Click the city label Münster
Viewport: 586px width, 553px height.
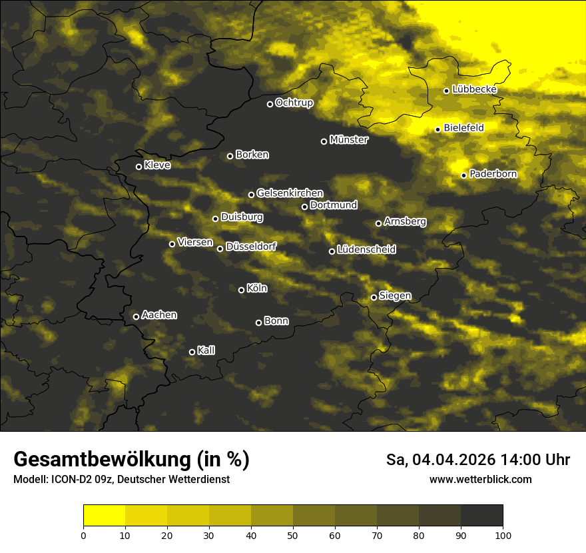click(348, 140)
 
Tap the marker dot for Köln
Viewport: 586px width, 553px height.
click(241, 290)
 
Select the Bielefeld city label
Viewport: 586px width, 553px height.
click(463, 127)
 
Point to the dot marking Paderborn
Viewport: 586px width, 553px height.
click(464, 175)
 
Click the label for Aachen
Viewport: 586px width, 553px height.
click(159, 315)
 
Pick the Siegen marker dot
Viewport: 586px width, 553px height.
click(374, 297)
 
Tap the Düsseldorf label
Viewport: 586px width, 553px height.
click(251, 247)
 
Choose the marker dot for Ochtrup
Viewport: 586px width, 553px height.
click(270, 104)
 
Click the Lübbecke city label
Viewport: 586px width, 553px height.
click(474, 89)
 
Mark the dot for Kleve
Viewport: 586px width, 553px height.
click(139, 167)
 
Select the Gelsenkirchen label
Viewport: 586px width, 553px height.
click(290, 193)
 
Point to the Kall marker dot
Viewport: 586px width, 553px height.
click(192, 352)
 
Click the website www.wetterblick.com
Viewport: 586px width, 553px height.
click(481, 479)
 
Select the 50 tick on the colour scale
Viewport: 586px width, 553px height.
click(293, 534)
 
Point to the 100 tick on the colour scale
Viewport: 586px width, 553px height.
click(503, 534)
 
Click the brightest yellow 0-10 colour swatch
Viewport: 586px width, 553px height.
click(104, 516)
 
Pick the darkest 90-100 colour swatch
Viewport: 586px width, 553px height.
click(481, 516)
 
